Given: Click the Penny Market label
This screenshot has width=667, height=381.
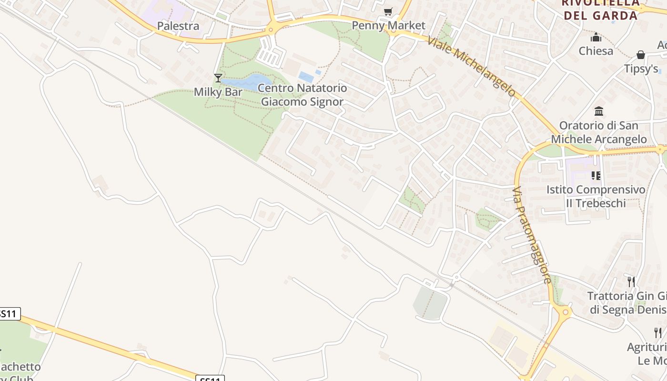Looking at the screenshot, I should coord(388,25).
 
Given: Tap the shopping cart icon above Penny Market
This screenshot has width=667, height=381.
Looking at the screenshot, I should coord(388,11).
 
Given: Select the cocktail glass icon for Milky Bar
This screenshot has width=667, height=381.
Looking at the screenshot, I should coord(218,78).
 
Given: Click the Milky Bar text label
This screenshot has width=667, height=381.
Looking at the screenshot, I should coord(218,92).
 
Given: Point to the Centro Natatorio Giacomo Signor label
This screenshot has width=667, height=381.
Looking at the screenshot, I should coord(303,95).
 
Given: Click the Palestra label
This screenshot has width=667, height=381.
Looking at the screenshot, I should coord(178,26).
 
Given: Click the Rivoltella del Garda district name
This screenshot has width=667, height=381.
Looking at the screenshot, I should coord(600,10).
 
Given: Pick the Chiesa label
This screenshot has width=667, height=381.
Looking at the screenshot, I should coord(596,51).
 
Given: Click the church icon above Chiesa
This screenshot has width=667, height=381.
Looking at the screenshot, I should coord(596,37).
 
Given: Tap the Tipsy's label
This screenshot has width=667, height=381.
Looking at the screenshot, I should coord(641,69).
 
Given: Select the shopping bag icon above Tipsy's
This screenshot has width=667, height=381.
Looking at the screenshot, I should coord(641,55).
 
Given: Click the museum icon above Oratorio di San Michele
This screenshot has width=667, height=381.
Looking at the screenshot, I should coord(599,111).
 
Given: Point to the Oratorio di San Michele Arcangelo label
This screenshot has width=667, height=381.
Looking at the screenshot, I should coord(599,132).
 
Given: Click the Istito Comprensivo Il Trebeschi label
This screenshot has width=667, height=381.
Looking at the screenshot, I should coord(596,196).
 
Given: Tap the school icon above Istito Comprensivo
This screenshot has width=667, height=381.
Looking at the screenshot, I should coord(596,176).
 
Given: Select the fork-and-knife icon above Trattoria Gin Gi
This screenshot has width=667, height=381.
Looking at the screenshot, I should coord(631,282).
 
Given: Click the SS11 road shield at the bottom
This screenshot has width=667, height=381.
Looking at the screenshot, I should coord(210,378).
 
